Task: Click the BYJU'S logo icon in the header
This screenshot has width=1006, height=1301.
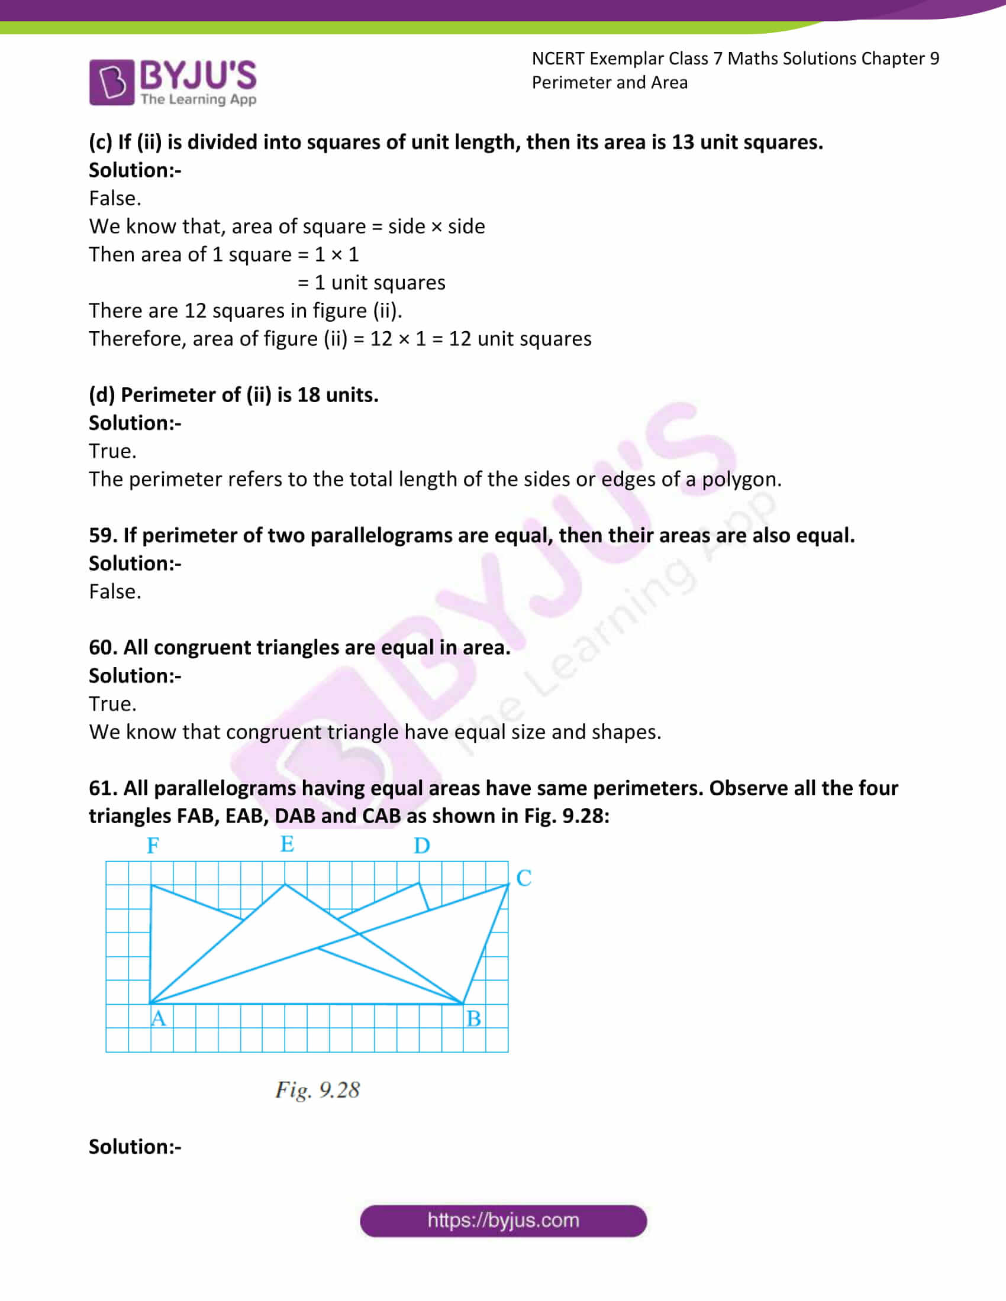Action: click(111, 82)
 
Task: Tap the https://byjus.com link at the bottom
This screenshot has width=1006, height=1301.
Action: click(503, 1220)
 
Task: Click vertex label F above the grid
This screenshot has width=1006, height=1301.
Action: click(153, 845)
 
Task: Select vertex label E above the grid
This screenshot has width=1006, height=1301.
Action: click(287, 843)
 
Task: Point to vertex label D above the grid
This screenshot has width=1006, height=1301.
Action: click(422, 845)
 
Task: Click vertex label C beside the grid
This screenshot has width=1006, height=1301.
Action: click(524, 878)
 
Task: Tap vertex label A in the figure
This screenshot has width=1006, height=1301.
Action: click(159, 1018)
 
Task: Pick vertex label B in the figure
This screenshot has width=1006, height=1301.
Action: click(474, 1019)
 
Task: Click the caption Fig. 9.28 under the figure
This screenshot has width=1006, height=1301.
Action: click(317, 1089)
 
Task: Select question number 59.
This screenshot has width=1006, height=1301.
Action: click(102, 536)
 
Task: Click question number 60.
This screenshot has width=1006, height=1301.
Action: click(102, 648)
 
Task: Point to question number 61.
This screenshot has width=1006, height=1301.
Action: click(102, 788)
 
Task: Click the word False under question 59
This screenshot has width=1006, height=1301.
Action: click(114, 591)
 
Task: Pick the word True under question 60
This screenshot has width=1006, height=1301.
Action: click(112, 704)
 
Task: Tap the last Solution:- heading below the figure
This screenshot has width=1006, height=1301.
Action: click(135, 1147)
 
